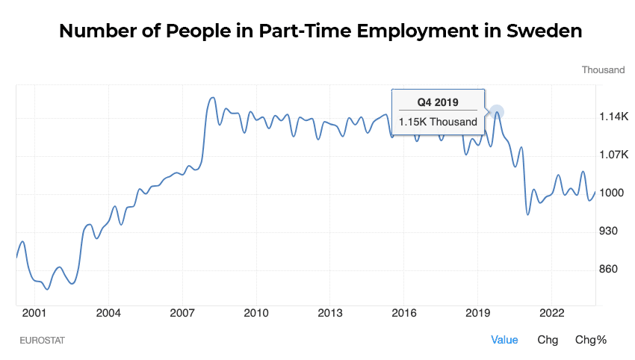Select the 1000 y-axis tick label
click(x=612, y=193)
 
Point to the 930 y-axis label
click(x=610, y=232)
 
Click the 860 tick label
click(x=610, y=270)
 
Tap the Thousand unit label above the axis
click(x=603, y=70)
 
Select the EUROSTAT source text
click(x=43, y=341)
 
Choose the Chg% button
click(x=590, y=340)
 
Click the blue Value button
click(x=504, y=340)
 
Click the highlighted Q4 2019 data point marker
click(x=496, y=113)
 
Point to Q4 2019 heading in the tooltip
click(x=438, y=102)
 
